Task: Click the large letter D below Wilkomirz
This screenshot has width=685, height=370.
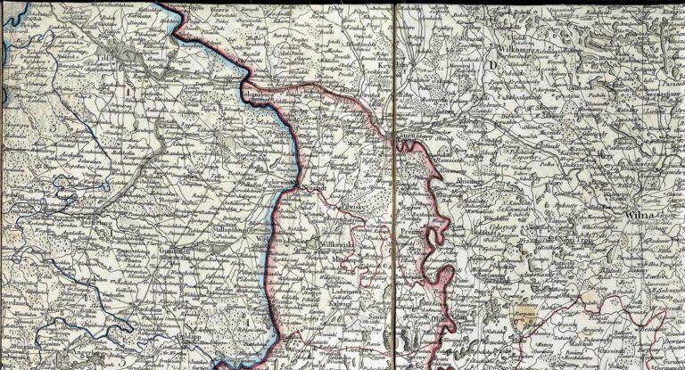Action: click(x=491, y=66)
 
